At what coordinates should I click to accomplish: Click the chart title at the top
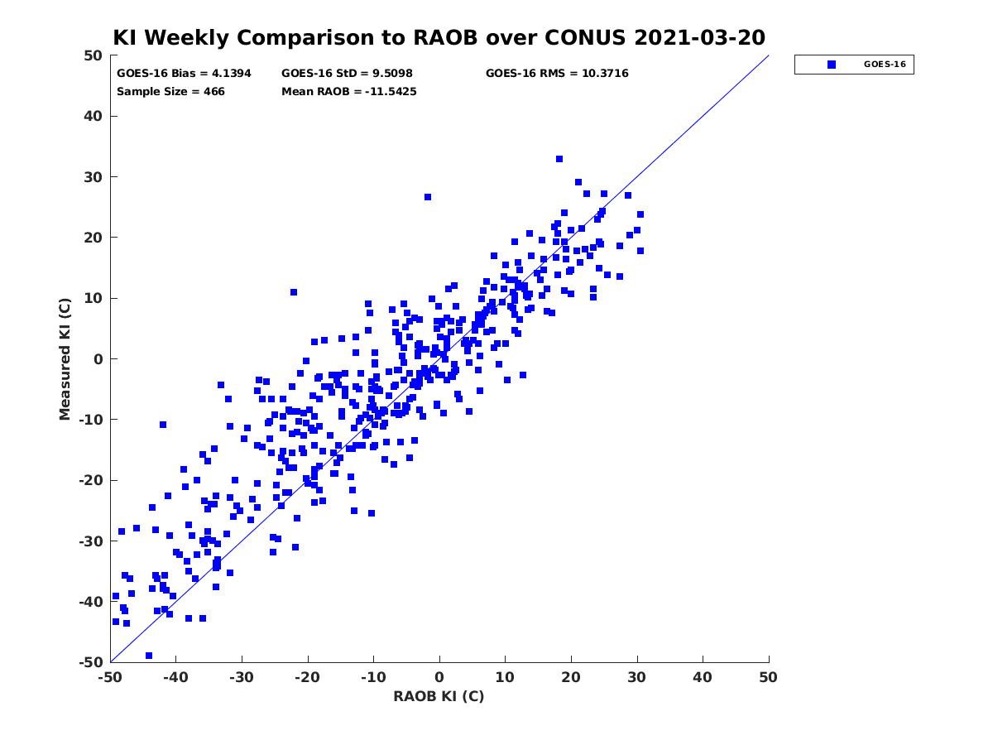[x=439, y=37]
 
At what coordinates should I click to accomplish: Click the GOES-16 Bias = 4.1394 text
[x=184, y=74]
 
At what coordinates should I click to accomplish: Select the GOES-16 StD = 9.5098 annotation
[x=347, y=74]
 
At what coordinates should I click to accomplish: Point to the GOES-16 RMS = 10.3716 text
[x=556, y=74]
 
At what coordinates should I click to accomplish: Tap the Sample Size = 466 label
[x=170, y=91]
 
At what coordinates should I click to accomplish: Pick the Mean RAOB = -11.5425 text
[x=349, y=91]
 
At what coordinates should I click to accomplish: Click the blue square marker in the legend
[x=831, y=65]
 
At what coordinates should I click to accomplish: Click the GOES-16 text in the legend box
[x=885, y=65]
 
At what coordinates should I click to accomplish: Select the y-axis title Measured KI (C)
[x=65, y=358]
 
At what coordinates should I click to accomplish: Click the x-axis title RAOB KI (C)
[x=439, y=696]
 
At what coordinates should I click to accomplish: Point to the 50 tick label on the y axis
[x=94, y=55]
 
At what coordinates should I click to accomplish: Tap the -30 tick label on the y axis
[x=91, y=541]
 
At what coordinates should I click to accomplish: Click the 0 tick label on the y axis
[x=98, y=359]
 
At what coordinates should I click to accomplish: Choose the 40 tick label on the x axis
[x=702, y=677]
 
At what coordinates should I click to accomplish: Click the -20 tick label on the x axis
[x=307, y=677]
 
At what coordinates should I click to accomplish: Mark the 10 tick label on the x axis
[x=505, y=677]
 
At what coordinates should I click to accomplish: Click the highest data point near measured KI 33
[x=559, y=159]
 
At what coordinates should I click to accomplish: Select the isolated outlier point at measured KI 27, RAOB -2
[x=428, y=197]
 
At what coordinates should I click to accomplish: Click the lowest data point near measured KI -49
[x=149, y=656]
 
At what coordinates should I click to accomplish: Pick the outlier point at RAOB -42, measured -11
[x=163, y=425]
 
